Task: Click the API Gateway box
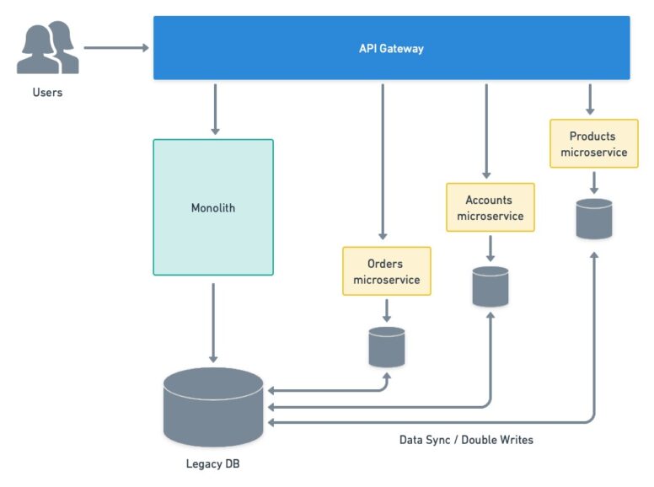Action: (391, 48)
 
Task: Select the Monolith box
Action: (213, 207)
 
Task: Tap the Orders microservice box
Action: (386, 271)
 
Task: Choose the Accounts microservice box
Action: (490, 208)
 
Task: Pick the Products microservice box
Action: (593, 144)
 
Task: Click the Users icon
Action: (48, 49)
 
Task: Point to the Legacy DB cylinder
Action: (213, 407)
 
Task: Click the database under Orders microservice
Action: (387, 346)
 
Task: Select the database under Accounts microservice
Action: (490, 286)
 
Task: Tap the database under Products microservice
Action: (594, 219)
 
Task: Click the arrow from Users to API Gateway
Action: (115, 48)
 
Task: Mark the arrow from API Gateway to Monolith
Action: (215, 108)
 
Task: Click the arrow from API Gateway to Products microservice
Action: (590, 99)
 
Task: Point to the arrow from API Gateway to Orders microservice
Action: (383, 160)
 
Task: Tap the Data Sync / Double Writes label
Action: (466, 440)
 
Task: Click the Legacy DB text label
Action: (213, 463)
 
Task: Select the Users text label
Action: (47, 93)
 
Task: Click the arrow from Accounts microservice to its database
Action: (490, 248)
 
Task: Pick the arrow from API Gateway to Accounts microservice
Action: (486, 130)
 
